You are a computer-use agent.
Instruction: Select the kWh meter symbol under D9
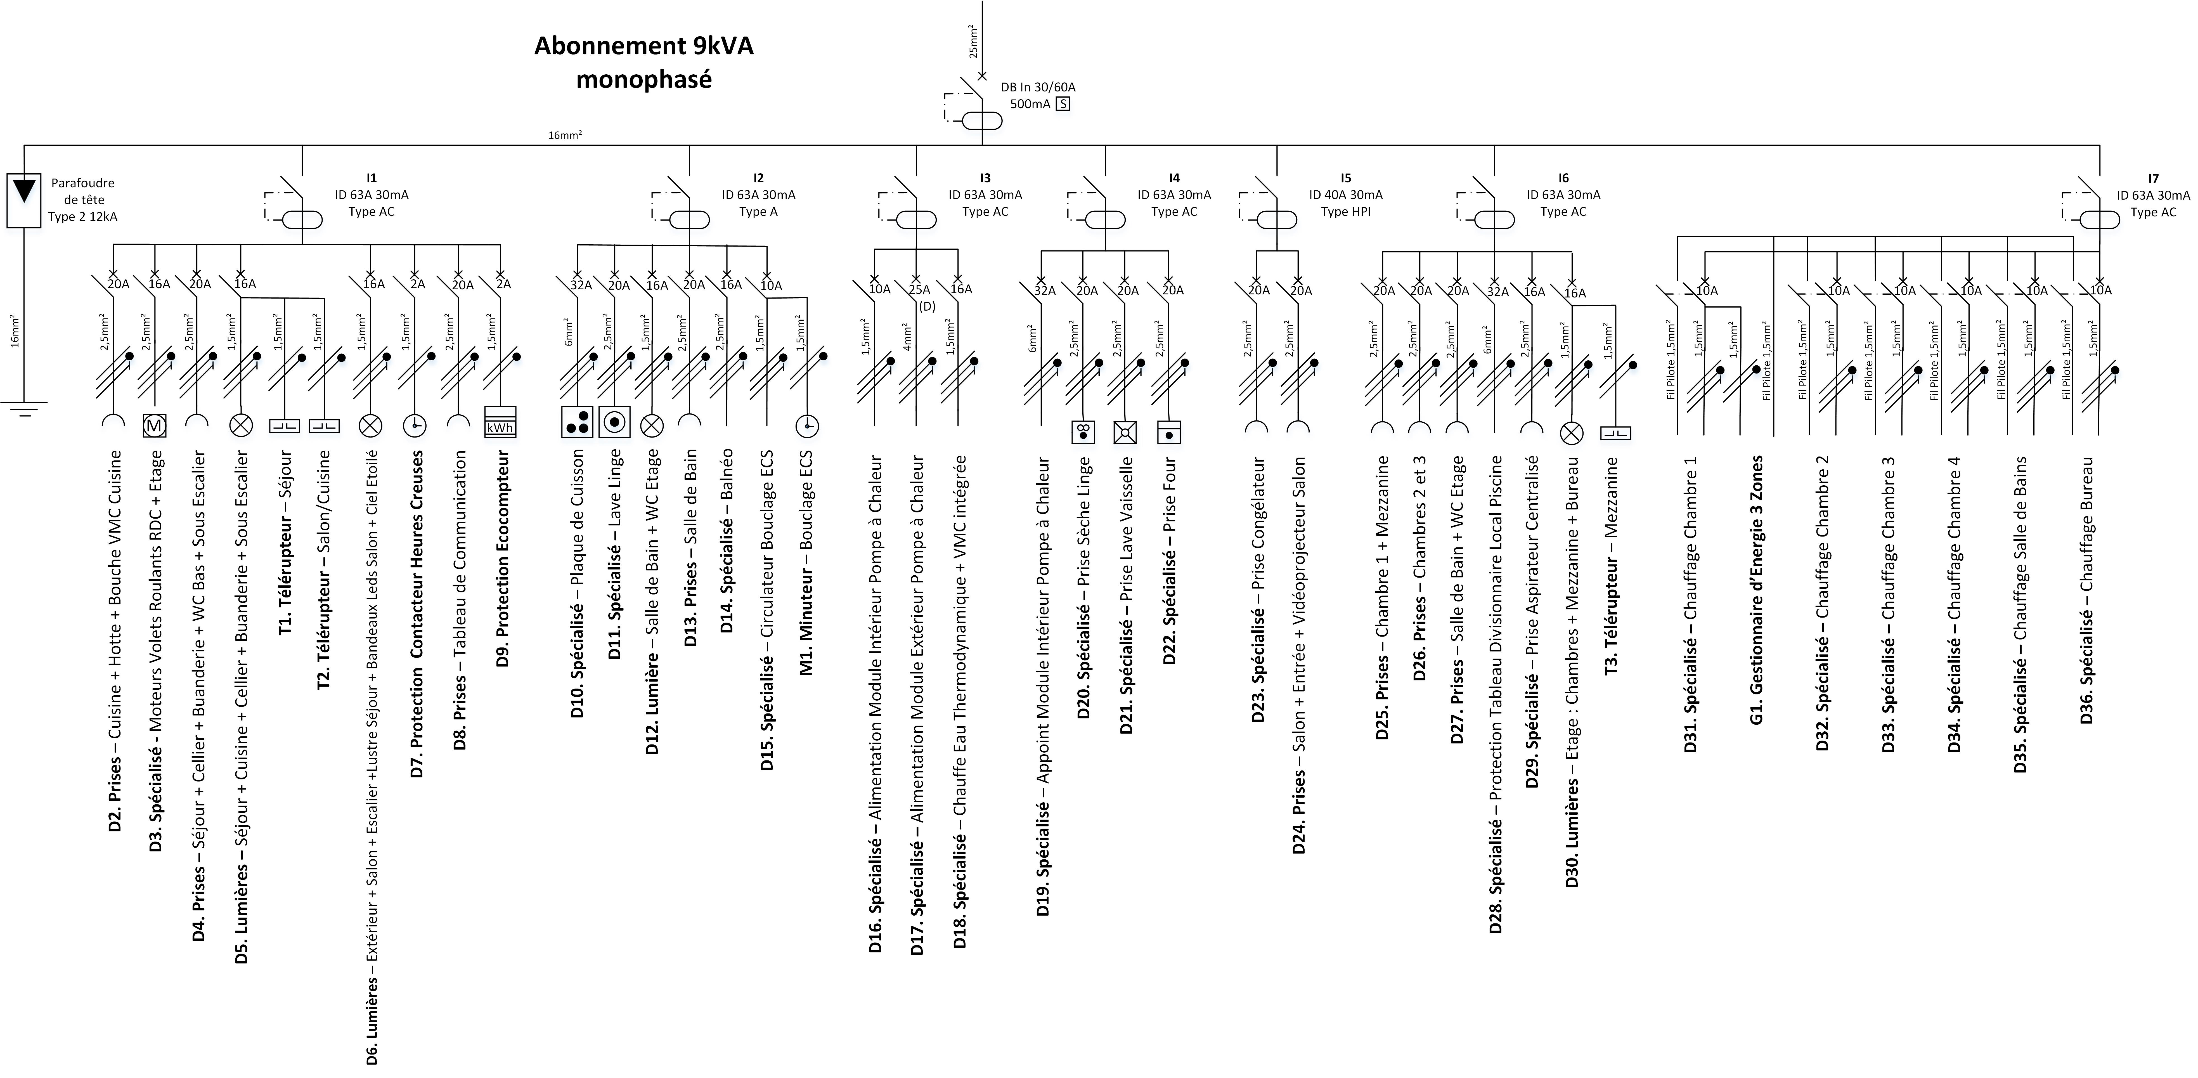click(x=500, y=422)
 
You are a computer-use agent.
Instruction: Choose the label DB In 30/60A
click(x=1038, y=87)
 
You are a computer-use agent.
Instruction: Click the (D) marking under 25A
click(x=928, y=306)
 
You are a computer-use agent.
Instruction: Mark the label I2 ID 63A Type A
click(x=759, y=195)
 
